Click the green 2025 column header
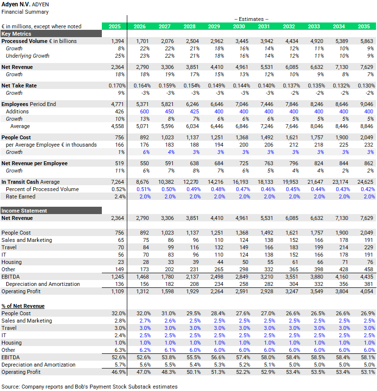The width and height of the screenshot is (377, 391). pos(114,26)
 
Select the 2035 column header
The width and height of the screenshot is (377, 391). pos(364,26)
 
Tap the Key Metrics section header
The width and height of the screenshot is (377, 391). pos(17,34)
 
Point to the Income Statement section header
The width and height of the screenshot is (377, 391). pos(24,211)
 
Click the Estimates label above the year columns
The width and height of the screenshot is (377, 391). pos(251,19)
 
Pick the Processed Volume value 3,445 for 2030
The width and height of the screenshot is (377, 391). pos(239,42)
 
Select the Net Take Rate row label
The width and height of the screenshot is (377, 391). pos(19,86)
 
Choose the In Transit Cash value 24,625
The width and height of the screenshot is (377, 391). pos(364,182)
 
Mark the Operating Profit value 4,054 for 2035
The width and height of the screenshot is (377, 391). pos(364,291)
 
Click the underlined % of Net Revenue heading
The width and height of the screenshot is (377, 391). pos(23,306)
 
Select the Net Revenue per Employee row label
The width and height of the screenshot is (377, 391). pos(35,163)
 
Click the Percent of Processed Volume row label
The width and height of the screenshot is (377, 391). pos(42,189)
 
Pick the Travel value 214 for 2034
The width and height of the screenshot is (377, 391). pos(339,247)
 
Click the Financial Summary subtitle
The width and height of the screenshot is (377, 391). pos(25,12)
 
